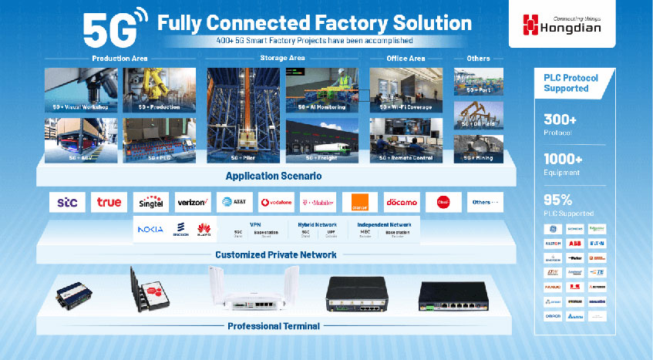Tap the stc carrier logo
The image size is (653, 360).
tap(67, 202)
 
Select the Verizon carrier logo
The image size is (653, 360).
tap(193, 202)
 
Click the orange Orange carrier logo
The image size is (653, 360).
tap(359, 202)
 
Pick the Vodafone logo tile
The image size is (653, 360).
tap(276, 202)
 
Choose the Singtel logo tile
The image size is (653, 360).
tap(151, 202)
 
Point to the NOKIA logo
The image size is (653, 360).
tap(150, 229)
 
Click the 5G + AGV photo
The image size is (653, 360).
tap(80, 140)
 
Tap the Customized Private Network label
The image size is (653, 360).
tap(274, 254)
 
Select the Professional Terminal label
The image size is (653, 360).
tap(273, 326)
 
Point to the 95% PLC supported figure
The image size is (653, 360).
tap(557, 200)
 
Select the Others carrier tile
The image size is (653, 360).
tap(485, 202)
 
